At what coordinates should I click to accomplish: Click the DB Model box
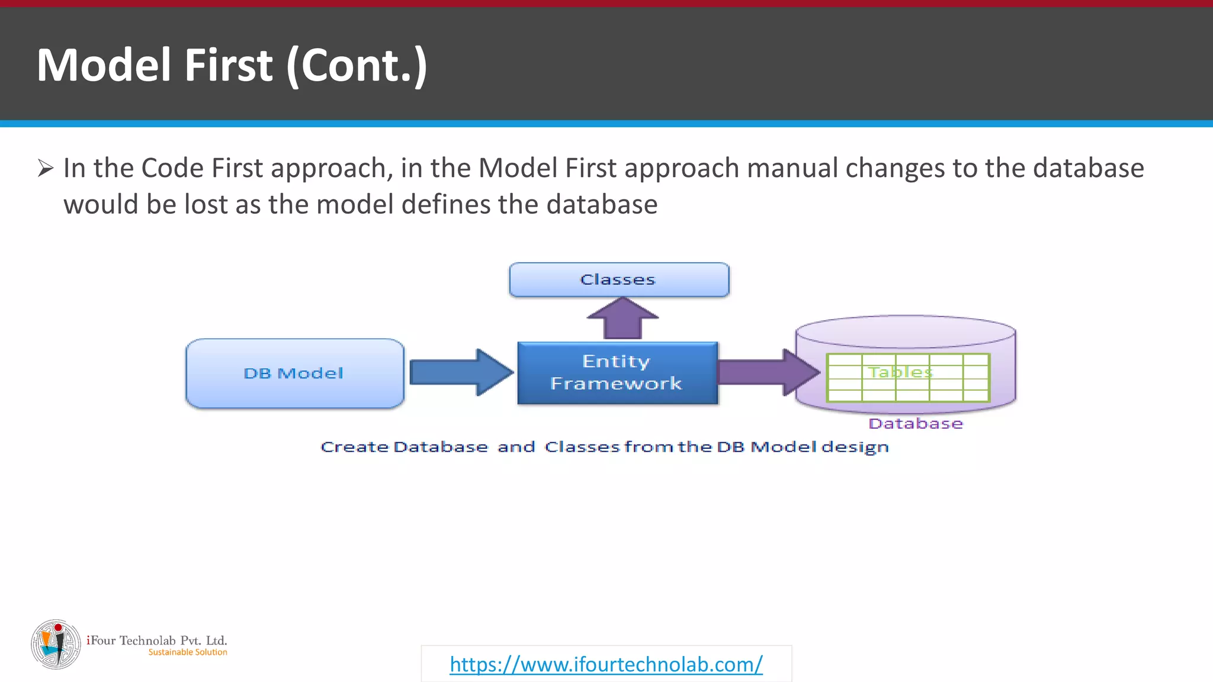294,373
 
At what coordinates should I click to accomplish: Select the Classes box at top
618,279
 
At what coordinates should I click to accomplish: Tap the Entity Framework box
617,373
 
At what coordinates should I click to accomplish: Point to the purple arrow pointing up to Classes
622,319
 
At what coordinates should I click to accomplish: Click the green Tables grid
907,378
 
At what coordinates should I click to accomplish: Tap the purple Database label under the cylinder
915,424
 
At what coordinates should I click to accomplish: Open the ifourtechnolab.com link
606,664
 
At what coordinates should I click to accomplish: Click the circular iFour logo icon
56,645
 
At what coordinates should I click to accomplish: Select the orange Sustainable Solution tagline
188,652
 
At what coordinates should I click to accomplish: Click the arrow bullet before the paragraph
46,168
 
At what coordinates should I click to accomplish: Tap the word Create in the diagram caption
354,447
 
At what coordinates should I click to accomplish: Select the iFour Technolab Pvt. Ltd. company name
157,640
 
